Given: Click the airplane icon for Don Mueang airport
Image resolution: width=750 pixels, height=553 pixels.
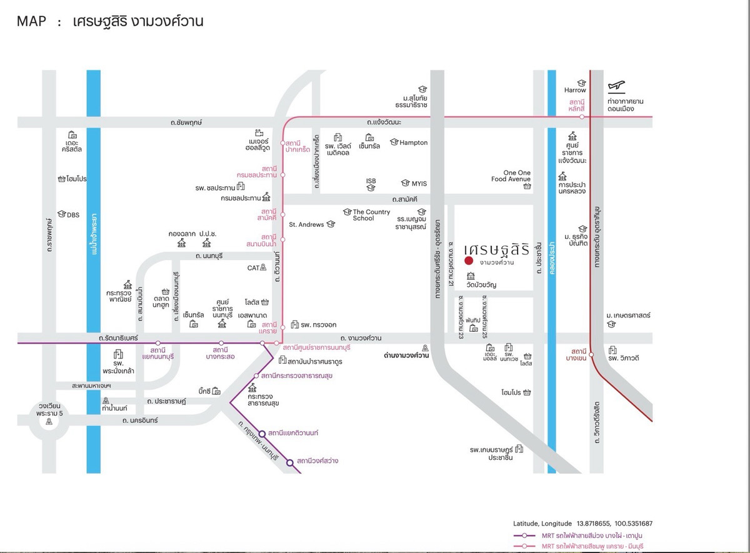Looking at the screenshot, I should (x=617, y=86).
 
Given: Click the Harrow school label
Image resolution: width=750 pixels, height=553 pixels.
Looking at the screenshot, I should (x=575, y=91).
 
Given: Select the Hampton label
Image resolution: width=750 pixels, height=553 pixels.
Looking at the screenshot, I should (x=413, y=142).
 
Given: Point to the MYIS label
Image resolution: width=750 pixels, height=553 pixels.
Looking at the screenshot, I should (x=419, y=184).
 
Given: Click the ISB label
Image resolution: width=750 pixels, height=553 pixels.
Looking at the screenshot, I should (x=371, y=181).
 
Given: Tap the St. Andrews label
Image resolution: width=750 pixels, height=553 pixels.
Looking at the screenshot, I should (x=306, y=224).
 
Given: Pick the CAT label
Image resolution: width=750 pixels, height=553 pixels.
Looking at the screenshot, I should (x=253, y=267).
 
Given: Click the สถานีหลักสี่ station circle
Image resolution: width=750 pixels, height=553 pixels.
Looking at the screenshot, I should (x=582, y=117).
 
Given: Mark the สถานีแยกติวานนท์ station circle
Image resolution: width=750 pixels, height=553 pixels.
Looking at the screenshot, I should (x=262, y=432).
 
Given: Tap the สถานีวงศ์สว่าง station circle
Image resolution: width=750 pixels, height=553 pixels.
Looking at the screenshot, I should (x=290, y=462).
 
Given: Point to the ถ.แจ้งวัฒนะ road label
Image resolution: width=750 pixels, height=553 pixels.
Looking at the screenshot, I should (x=384, y=122).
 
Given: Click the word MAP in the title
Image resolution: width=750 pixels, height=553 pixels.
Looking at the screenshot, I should (x=31, y=22).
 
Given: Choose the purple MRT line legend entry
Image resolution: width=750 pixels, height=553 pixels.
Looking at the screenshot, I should (x=581, y=536).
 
